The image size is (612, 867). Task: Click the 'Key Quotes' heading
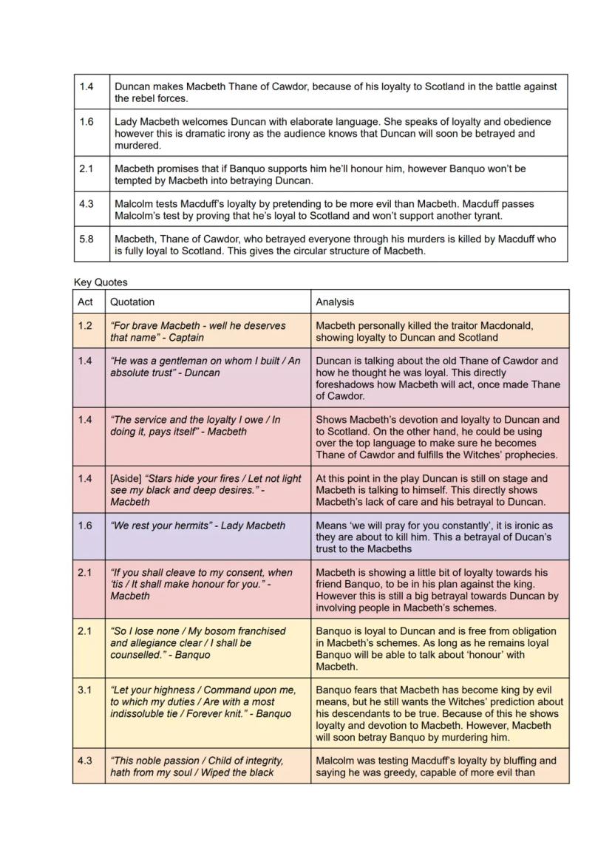point(101,282)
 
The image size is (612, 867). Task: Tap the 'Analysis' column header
point(335,302)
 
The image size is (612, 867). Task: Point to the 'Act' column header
point(86,302)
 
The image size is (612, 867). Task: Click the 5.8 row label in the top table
point(86,239)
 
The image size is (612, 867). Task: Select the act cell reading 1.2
point(86,325)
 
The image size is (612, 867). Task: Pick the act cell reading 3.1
point(86,690)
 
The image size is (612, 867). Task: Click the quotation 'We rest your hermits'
point(197,526)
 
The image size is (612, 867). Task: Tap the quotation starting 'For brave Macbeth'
point(197,331)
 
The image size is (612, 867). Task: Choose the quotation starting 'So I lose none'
point(197,642)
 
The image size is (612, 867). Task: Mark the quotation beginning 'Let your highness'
point(202,701)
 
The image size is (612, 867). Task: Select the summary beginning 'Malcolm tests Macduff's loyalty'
point(324,209)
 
